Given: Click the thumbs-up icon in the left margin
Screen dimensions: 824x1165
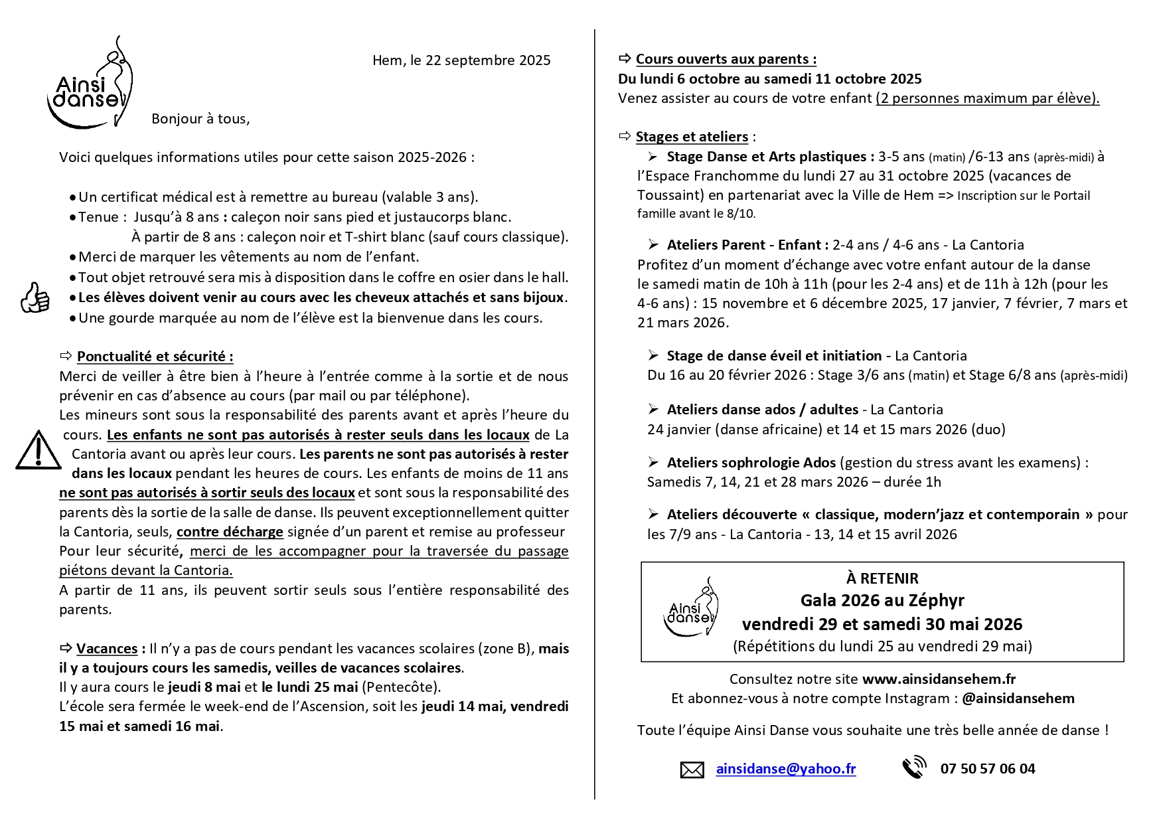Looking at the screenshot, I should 35,297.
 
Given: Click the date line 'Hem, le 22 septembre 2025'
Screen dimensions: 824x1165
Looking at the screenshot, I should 461,60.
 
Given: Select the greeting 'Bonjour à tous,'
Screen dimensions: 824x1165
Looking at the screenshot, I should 200,119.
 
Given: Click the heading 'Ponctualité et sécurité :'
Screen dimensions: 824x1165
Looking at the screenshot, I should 155,357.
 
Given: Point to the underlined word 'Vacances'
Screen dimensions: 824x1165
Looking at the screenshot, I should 107,649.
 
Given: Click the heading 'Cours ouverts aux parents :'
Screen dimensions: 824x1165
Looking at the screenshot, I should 726,59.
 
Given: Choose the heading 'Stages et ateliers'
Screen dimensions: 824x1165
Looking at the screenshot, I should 692,137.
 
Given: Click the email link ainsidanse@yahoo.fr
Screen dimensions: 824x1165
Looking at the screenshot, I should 785,769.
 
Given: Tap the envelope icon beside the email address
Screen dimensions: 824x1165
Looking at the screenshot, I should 692,770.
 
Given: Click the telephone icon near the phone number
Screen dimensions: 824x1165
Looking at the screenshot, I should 914,768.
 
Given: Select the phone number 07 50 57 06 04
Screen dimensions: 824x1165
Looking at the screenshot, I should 987,769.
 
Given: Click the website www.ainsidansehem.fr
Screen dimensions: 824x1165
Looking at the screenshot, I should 939,679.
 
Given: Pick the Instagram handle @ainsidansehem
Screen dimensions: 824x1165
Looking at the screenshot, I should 1018,699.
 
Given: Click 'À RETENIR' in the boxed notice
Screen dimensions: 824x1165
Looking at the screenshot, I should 882,578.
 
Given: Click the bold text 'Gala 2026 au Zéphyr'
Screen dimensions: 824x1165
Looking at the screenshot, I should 882,600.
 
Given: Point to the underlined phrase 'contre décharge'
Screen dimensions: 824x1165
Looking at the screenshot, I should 230,532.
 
